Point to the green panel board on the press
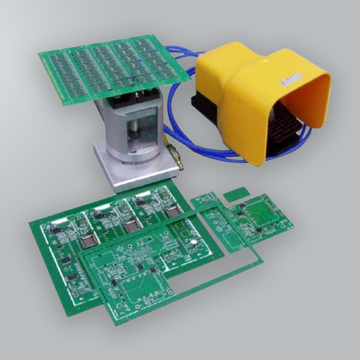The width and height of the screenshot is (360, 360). [108, 67]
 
